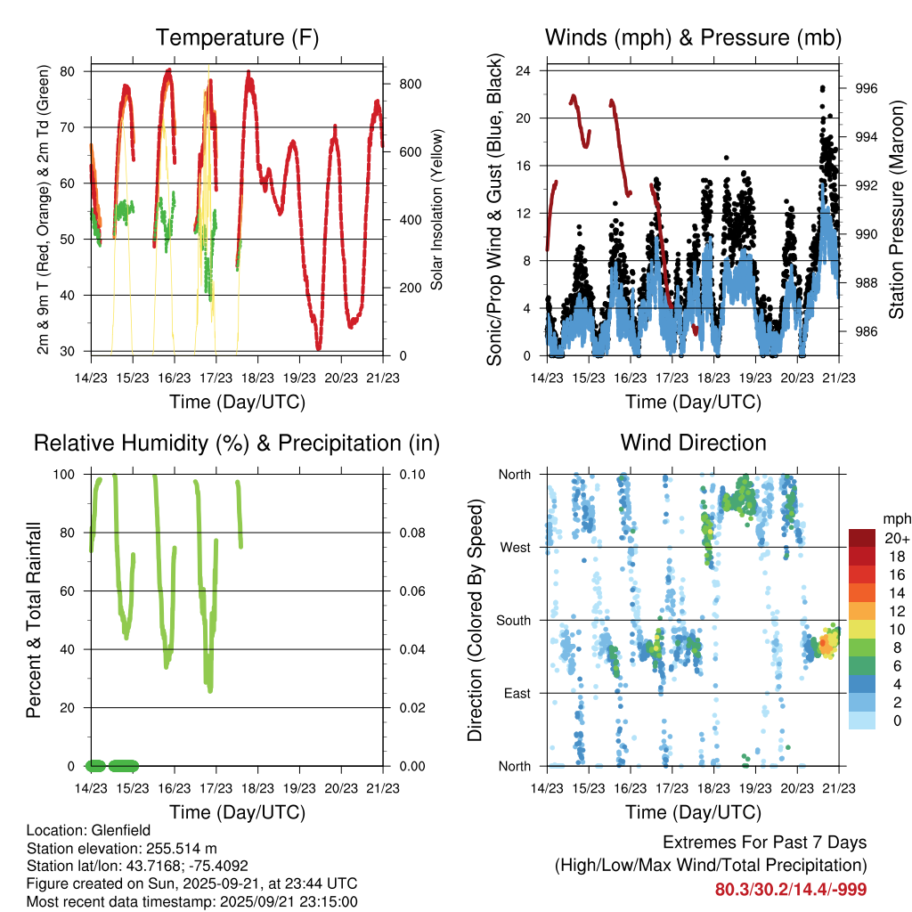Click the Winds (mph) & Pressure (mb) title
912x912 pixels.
click(x=693, y=38)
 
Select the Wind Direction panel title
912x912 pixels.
click(x=693, y=443)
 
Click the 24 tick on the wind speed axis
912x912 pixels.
click(x=524, y=70)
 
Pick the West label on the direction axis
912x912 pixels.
click(x=515, y=547)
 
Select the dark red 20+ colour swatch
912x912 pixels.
click(x=862, y=538)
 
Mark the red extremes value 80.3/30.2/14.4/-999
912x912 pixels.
click(x=790, y=890)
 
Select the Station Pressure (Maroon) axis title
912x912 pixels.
click(x=896, y=210)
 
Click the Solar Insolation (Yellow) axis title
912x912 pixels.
click(x=436, y=210)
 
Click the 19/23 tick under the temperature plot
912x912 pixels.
click(x=299, y=378)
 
